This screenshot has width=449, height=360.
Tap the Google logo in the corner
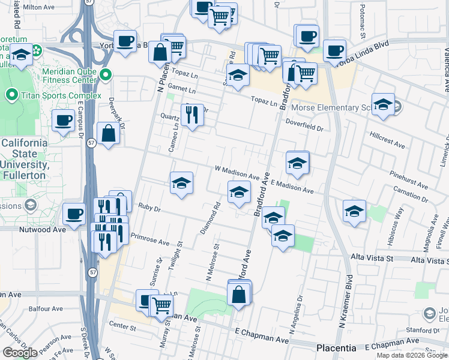pos(20,353)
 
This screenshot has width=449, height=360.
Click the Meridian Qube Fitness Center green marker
pos(106,75)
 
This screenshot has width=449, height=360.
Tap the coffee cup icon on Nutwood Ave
pos(74,214)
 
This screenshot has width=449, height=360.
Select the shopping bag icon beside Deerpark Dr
pos(108,134)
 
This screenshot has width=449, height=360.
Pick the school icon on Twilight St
pos(181,183)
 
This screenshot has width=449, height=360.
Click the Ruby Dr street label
pos(149,208)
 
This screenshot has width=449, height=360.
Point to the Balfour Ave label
pos(46,309)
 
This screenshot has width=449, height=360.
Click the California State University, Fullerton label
pos(23,159)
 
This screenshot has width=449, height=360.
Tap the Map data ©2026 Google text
pos(412,355)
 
